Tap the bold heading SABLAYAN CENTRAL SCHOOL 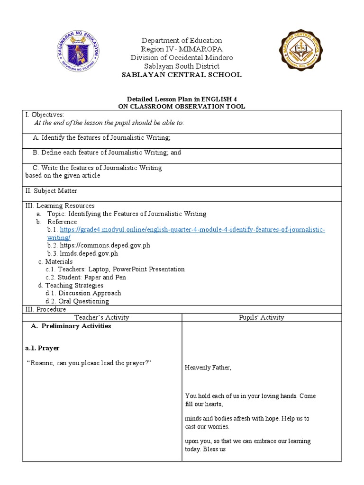[182, 75]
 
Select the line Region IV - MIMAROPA [182, 49]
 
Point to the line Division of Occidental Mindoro [182, 58]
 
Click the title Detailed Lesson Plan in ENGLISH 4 [182, 99]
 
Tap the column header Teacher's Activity [102, 317]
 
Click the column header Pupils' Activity [261, 317]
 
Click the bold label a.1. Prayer [42, 348]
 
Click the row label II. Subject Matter [51, 191]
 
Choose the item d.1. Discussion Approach [83, 293]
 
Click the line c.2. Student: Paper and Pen [85, 277]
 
